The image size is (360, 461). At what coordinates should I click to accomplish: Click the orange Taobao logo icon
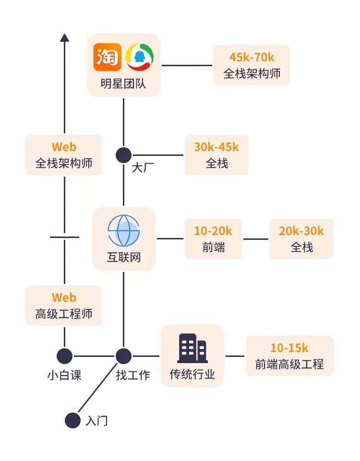(x=108, y=57)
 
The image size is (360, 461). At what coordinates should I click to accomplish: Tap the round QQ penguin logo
(x=140, y=57)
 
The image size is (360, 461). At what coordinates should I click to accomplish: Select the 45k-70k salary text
(x=252, y=57)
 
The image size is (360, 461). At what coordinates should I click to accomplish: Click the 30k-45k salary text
(x=216, y=147)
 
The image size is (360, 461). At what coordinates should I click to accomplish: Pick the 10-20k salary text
(x=213, y=231)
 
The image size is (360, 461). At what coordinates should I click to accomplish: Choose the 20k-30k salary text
(x=301, y=231)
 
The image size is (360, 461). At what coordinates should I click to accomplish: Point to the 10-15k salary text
(x=289, y=348)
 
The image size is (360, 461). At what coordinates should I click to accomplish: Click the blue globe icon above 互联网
(x=123, y=230)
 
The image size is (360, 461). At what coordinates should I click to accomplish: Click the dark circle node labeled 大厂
(x=123, y=155)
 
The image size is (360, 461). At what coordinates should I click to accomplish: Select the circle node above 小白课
(x=64, y=356)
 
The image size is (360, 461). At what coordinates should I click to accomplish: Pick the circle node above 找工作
(x=123, y=356)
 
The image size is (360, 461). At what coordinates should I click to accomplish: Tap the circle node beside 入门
(x=72, y=420)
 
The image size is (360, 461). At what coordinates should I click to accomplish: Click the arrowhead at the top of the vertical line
(x=64, y=37)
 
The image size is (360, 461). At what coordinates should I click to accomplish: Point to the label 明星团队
(x=123, y=84)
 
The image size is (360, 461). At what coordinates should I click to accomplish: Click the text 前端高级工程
(x=289, y=364)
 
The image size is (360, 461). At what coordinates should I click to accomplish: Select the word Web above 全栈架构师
(x=64, y=147)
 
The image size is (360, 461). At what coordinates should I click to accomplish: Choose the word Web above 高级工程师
(x=64, y=297)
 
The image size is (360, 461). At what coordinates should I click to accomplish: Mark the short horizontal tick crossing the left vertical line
(x=64, y=237)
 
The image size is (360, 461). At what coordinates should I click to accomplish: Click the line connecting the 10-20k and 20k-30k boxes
(x=255, y=238)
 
